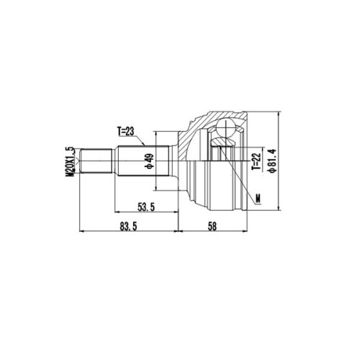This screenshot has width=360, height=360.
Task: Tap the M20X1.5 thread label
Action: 70,162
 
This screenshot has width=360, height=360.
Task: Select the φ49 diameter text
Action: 150,161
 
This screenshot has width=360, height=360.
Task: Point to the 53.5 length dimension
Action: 146,207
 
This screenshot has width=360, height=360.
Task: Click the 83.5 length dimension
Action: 127,226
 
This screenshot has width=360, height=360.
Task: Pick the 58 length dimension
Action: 212,226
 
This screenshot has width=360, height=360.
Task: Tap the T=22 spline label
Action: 256,161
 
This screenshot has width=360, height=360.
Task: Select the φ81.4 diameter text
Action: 273,161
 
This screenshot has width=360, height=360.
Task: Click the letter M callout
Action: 258,198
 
